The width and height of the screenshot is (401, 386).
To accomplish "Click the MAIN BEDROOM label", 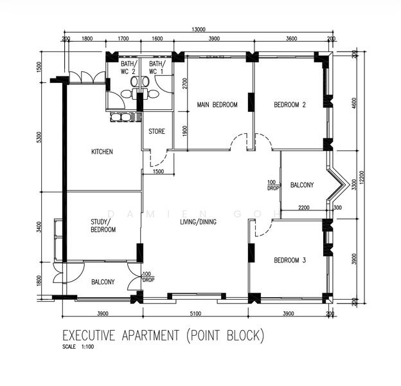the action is [x=217, y=105].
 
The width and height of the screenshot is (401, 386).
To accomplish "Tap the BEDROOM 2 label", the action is [x=290, y=105].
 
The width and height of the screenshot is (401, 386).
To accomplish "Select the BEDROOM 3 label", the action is [x=290, y=261].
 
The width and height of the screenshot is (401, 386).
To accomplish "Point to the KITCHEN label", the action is [x=102, y=152].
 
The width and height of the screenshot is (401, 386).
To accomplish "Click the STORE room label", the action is [x=157, y=132].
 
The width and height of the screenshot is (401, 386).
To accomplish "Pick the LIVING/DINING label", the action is [x=198, y=222].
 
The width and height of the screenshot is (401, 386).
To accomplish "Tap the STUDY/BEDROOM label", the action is [x=103, y=226].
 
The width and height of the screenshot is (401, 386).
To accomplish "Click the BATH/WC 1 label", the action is [x=157, y=68].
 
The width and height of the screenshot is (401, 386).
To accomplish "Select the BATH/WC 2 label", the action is [x=129, y=68].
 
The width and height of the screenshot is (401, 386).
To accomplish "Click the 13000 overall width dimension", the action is [x=199, y=30].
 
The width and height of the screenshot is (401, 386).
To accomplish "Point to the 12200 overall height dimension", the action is [x=361, y=178].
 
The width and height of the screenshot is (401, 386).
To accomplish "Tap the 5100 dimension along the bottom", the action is [x=195, y=313].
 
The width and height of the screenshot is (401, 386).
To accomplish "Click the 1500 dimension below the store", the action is [x=158, y=172].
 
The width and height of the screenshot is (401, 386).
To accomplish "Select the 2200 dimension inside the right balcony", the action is [x=304, y=208].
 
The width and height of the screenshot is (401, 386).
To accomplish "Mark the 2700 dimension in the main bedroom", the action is [x=185, y=83].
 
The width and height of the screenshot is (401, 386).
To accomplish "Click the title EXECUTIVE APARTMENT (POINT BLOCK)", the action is [x=163, y=335].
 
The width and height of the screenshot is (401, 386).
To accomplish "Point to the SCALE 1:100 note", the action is [x=78, y=347].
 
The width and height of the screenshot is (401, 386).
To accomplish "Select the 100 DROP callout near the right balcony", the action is [x=272, y=185].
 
